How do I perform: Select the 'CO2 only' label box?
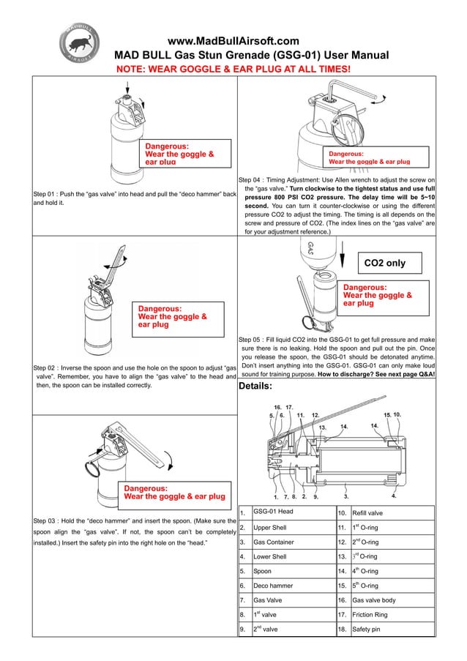[x=395, y=262]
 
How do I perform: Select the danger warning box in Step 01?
[x=187, y=154]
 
